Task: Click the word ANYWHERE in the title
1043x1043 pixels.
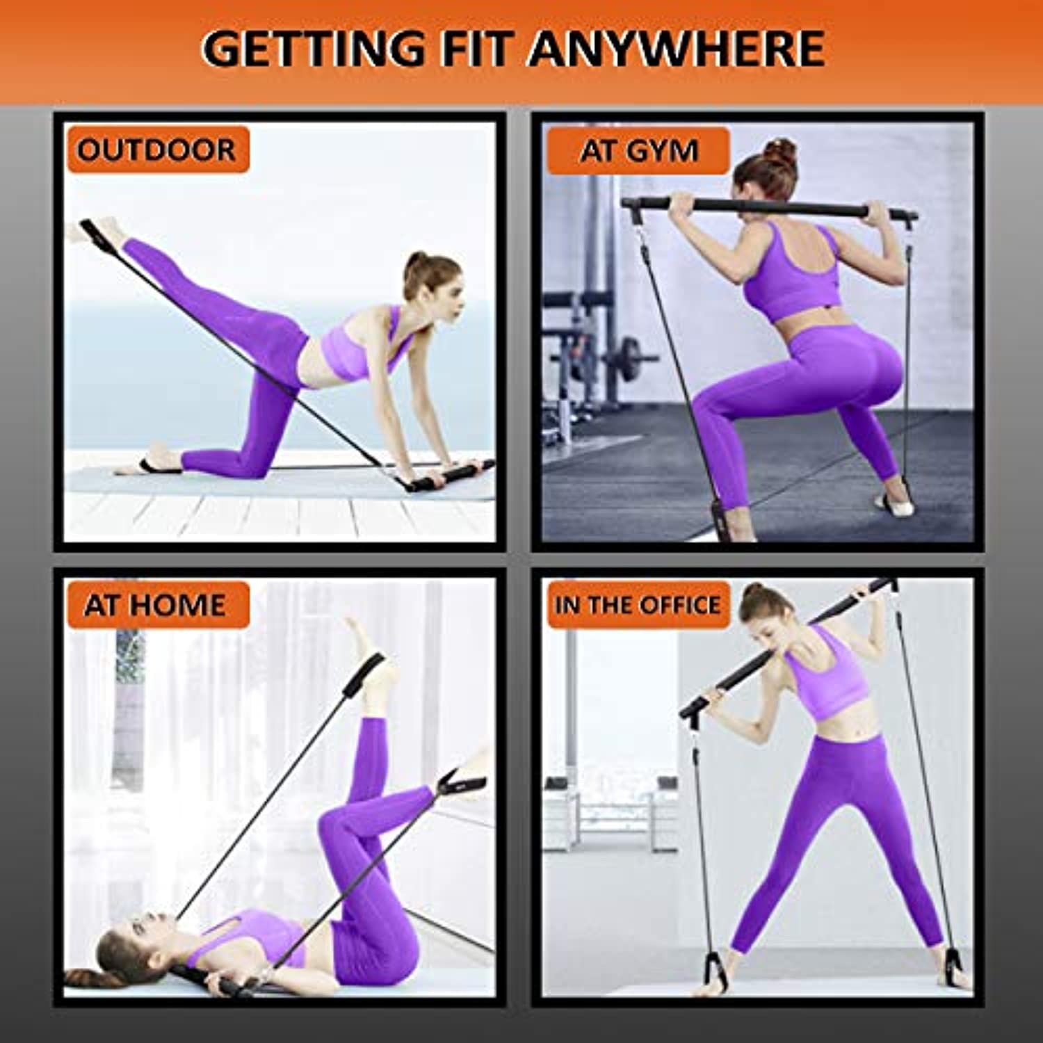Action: (x=677, y=48)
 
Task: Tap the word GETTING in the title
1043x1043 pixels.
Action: (x=313, y=48)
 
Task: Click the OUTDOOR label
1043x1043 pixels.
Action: (x=157, y=150)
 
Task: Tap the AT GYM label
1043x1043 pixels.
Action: (x=638, y=151)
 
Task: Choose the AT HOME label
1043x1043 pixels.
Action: (x=157, y=605)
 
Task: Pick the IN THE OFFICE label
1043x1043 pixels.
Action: (x=638, y=605)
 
